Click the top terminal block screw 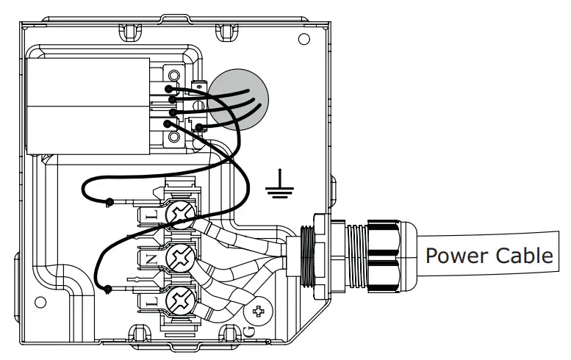point(180,215)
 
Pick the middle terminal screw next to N point(180,258)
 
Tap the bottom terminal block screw point(180,300)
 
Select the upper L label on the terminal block point(148,215)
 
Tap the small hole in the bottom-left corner point(41,302)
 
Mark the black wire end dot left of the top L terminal point(109,201)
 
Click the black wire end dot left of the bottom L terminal point(108,289)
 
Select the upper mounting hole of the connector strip point(173,75)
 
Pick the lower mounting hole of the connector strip point(173,137)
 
